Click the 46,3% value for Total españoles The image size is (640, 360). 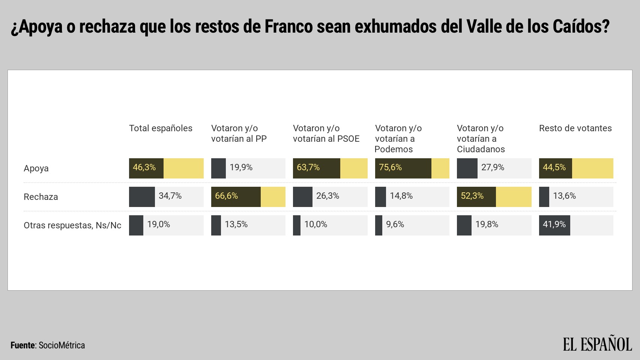(144, 168)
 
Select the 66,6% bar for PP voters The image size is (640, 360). (236, 196)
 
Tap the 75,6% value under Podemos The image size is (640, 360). (390, 168)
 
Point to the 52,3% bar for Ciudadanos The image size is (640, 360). (476, 196)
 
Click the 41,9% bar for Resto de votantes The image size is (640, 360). (554, 225)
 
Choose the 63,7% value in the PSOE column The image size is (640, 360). (308, 168)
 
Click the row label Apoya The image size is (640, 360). (36, 168)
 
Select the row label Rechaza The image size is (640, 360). (41, 197)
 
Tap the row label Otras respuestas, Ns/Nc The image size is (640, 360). (72, 225)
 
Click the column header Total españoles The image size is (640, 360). (161, 128)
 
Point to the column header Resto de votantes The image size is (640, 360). (575, 128)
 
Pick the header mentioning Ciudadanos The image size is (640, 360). (481, 139)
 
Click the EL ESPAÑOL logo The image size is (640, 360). (597, 344)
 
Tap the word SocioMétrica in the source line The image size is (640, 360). (62, 345)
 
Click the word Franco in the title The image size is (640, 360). (288, 27)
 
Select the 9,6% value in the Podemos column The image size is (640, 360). (395, 225)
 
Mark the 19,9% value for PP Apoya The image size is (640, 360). (241, 168)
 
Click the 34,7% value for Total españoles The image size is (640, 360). (170, 196)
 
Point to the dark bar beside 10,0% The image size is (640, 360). (297, 225)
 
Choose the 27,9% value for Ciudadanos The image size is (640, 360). (493, 168)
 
